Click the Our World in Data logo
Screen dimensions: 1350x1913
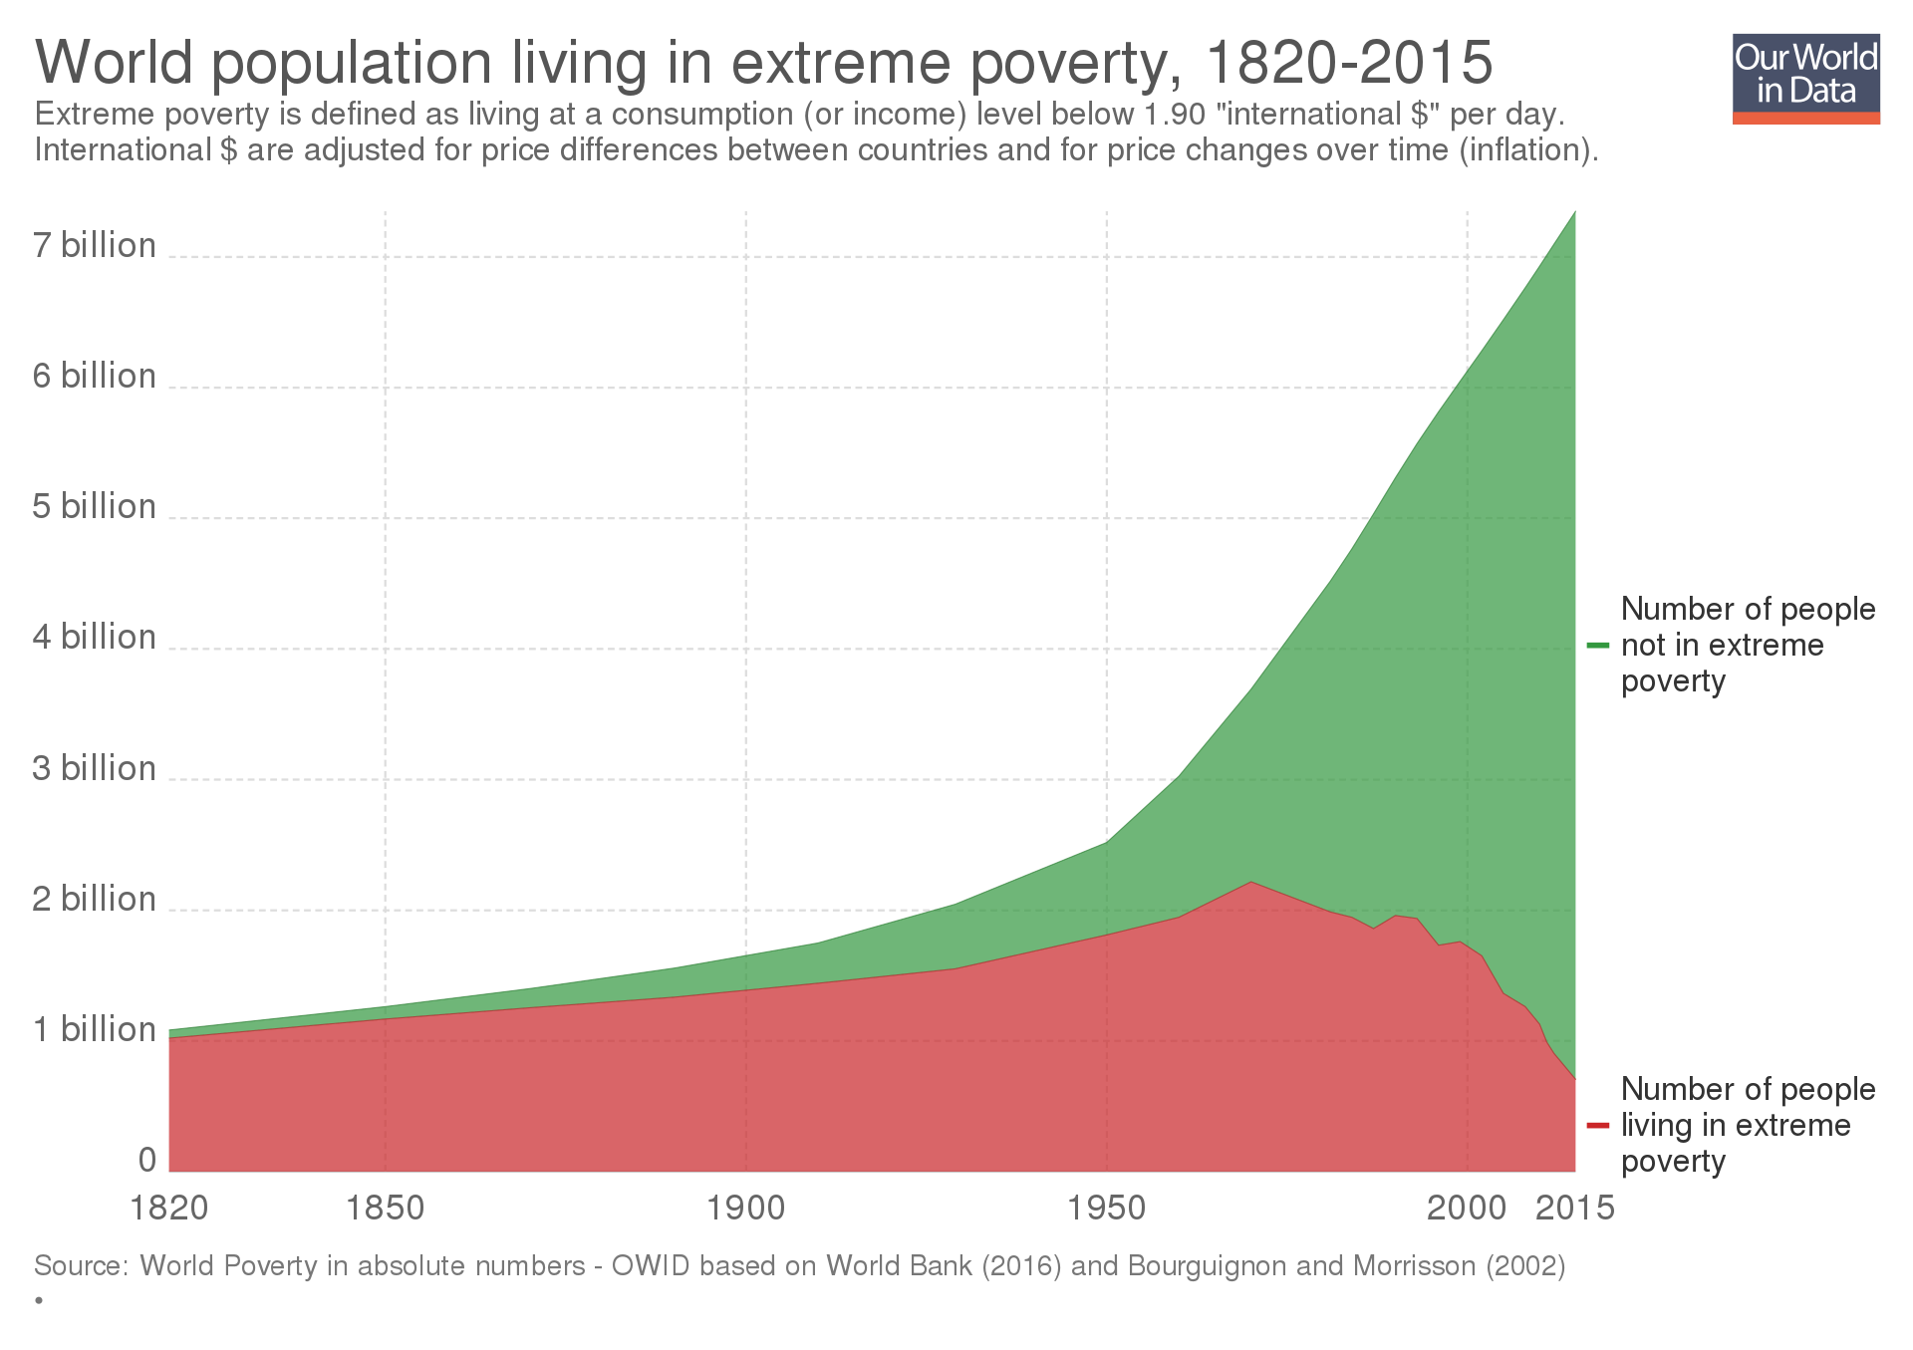1805,80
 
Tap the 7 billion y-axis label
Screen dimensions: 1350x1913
95,245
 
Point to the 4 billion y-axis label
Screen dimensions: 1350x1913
95,637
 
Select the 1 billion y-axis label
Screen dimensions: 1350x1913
95,1029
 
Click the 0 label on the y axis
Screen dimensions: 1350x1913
147,1160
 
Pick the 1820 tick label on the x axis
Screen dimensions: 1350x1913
169,1208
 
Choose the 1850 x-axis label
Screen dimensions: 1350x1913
385,1208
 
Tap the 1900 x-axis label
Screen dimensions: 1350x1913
745,1208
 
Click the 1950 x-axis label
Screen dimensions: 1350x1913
1106,1208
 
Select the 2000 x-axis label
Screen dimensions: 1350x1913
1466,1208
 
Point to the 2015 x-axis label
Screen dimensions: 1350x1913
1574,1208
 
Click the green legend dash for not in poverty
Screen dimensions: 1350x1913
1597,646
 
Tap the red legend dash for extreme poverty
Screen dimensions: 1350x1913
1597,1126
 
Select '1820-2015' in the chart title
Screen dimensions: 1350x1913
1349,63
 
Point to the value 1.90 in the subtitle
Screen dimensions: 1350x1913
1176,115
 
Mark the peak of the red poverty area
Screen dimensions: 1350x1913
1250,883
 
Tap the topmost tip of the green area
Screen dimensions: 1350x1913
1574,211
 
